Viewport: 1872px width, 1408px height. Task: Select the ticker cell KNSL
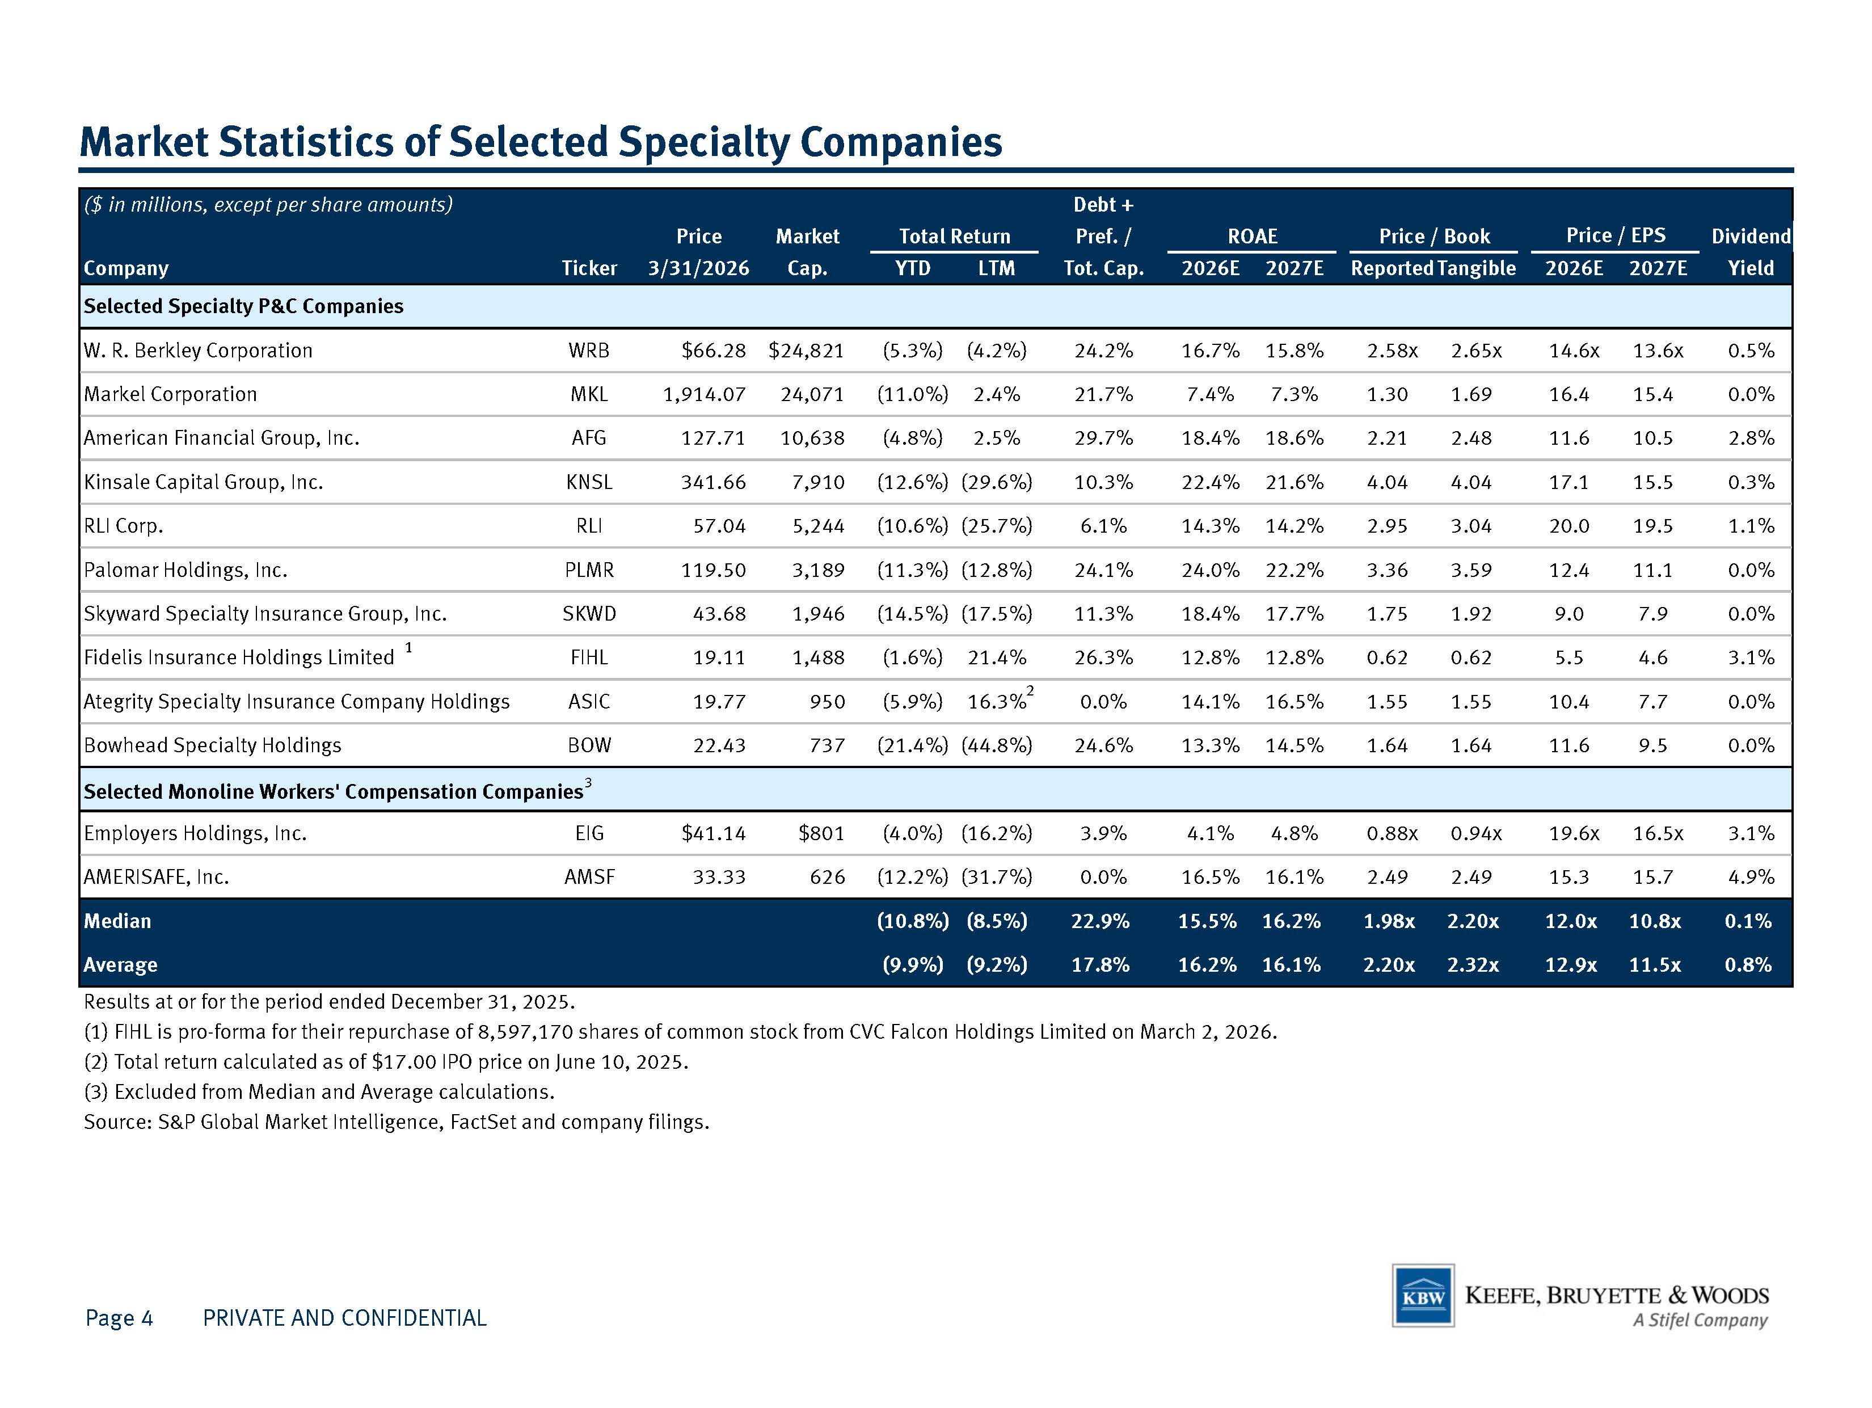point(589,482)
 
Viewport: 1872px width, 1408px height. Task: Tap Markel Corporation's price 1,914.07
point(704,394)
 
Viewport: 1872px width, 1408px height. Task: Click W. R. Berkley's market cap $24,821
point(806,351)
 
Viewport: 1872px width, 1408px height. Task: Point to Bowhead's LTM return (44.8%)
point(997,745)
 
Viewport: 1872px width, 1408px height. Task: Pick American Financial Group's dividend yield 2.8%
point(1751,439)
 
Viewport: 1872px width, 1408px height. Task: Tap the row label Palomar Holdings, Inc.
point(185,570)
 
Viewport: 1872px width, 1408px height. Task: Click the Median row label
point(117,921)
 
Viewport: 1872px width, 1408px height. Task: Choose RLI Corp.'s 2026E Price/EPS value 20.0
point(1569,526)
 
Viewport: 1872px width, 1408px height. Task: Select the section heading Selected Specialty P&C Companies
point(244,306)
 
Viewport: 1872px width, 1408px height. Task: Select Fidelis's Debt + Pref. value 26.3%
point(1103,657)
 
